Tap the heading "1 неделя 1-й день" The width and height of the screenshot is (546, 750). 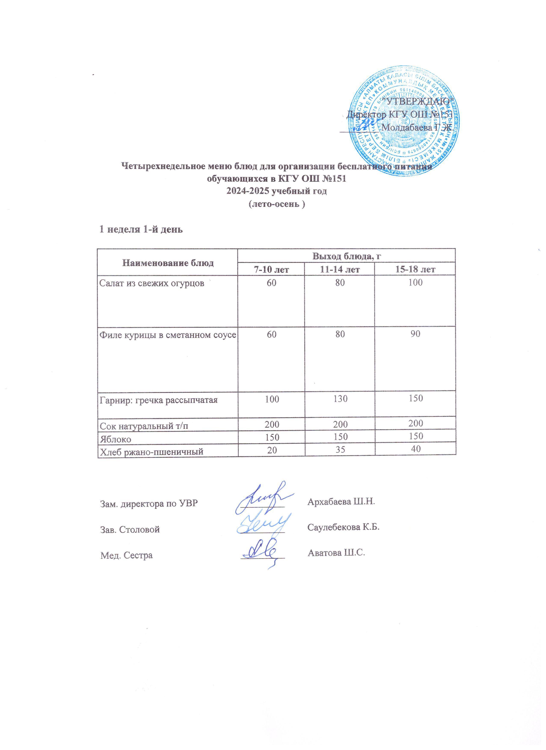(x=141, y=229)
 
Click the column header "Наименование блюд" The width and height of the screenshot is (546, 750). (x=168, y=263)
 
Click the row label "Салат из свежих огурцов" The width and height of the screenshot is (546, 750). (x=152, y=283)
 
